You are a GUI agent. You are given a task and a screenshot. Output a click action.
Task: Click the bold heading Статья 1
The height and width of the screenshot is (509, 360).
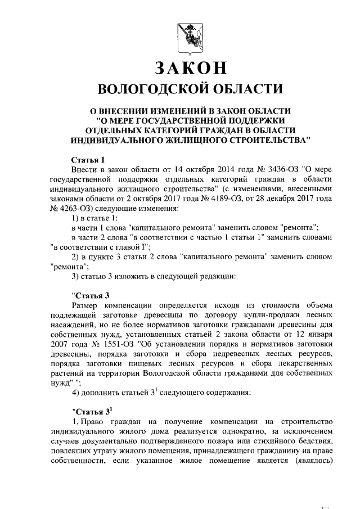point(88,160)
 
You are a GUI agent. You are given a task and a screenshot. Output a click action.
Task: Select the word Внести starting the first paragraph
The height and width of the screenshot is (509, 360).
point(84,170)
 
